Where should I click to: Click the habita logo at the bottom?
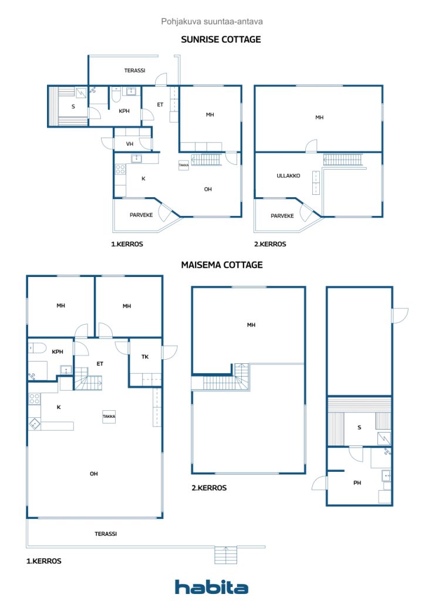coord(211,587)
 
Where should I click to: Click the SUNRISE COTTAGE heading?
coord(221,39)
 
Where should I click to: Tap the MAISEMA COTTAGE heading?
coord(222,265)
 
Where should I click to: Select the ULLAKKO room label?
coord(288,175)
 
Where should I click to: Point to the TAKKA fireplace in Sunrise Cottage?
coord(184,165)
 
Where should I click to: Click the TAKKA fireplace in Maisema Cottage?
coord(109,416)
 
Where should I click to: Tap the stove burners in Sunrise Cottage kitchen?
coord(120,169)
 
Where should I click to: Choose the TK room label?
coord(145,357)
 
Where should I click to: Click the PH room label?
coord(357,483)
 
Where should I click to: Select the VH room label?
coord(130,144)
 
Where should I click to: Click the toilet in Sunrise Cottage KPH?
coord(116,94)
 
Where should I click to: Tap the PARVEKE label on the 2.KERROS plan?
coord(282,216)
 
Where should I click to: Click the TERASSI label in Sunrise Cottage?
coord(134,70)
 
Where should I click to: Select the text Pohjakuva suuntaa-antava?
coord(212,22)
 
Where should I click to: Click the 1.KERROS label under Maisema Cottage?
coord(43,561)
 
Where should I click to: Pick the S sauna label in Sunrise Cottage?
coord(73,107)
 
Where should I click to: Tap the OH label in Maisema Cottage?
coord(94,474)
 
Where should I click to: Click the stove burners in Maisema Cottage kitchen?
coord(35,399)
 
